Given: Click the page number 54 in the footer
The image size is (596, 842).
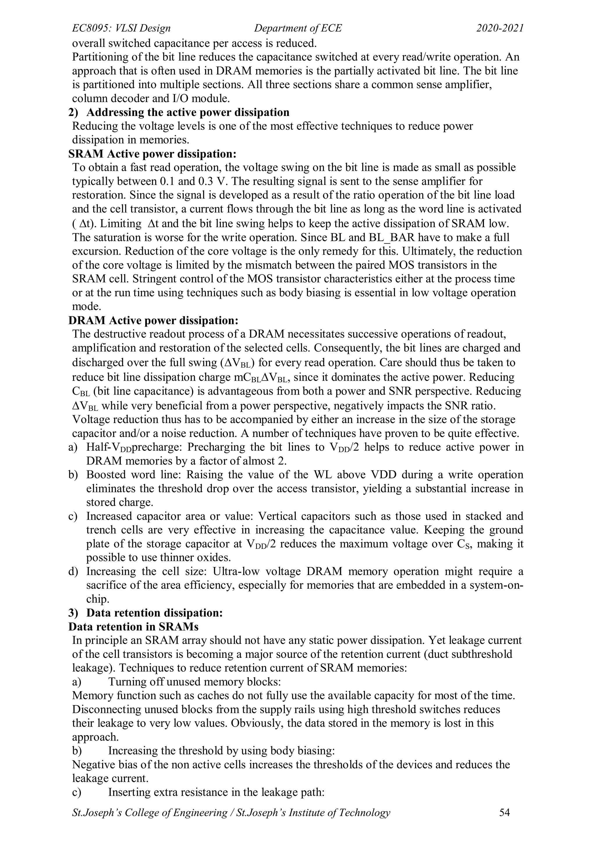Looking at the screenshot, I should pyautogui.click(x=505, y=813).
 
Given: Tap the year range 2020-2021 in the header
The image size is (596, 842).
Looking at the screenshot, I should pyautogui.click(x=500, y=28).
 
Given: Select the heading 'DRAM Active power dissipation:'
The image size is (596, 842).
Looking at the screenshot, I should pyautogui.click(x=153, y=320).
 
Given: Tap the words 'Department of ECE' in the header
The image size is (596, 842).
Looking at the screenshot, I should pyautogui.click(x=298, y=28).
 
